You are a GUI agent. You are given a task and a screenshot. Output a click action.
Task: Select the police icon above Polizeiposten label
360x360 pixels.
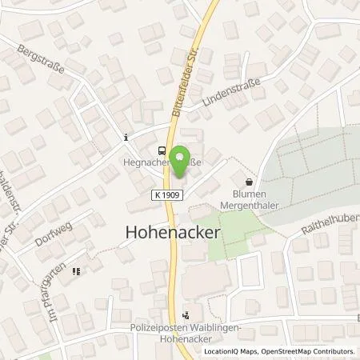(186, 314)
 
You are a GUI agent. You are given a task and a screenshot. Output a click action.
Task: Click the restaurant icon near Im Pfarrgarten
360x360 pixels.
(76, 271)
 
